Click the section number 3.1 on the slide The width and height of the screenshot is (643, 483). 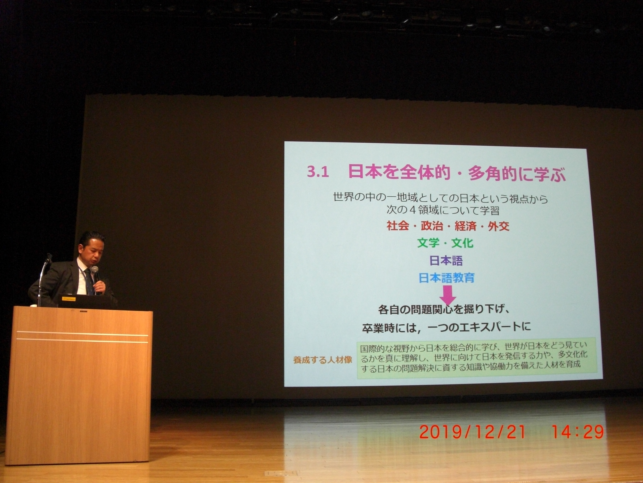(x=318, y=173)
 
